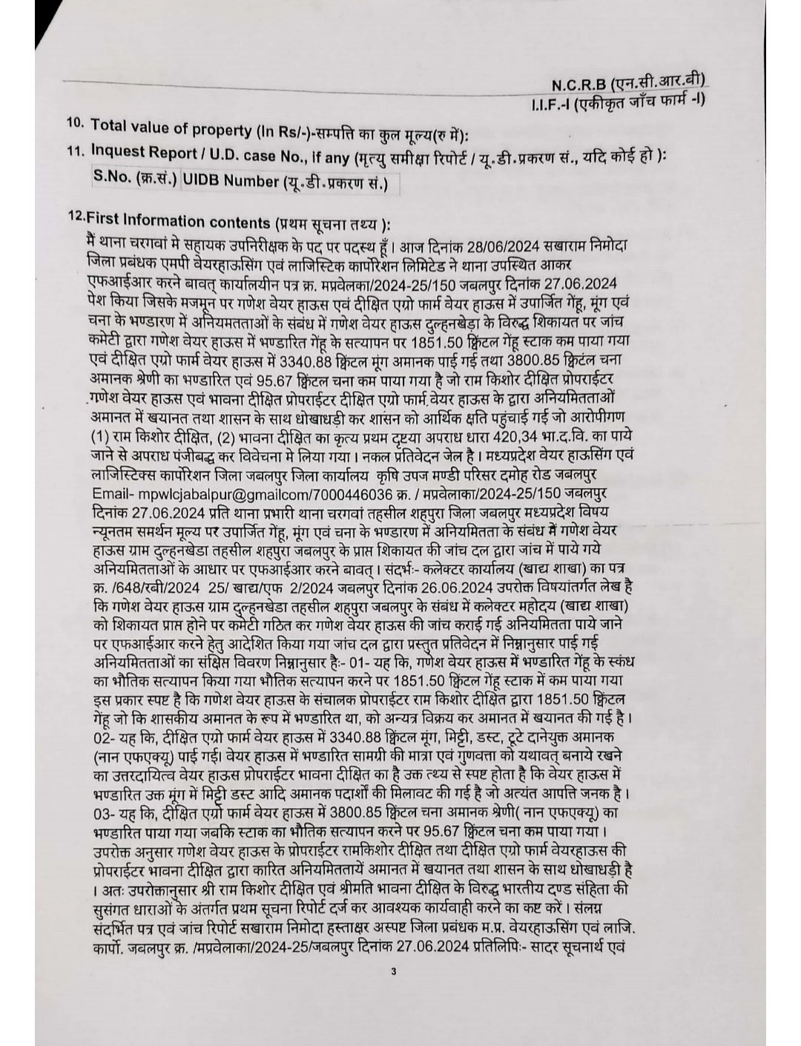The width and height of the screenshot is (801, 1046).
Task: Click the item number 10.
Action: coord(74,123)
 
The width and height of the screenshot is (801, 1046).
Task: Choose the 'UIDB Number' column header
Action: coord(219,180)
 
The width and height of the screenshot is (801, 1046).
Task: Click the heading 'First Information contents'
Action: coord(179,220)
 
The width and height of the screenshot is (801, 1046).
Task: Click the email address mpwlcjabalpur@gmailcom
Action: coord(227,493)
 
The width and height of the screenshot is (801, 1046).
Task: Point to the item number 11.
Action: coord(73,149)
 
